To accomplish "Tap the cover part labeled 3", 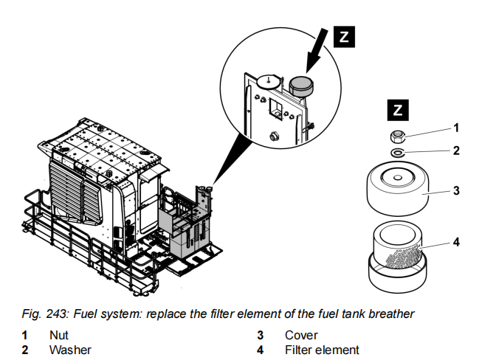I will point(399,189).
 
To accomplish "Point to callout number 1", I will point(456,128).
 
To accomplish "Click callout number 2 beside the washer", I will point(456,150).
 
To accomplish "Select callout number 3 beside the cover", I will point(456,190).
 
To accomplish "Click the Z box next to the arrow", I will point(346,38).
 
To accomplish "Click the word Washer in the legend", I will point(70,350).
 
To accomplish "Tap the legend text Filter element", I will point(322,350).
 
